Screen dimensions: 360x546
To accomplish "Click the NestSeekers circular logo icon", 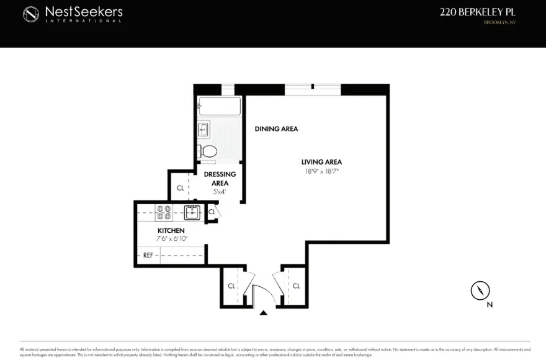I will tap(31, 14).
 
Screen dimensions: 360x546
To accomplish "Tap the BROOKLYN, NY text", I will tap(500, 23).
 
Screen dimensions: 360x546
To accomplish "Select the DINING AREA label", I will tap(276, 129).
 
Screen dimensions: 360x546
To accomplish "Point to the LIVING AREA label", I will tap(321, 162).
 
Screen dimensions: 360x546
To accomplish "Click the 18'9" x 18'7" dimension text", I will tap(321, 171).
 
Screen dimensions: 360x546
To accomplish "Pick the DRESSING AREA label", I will tap(220, 179).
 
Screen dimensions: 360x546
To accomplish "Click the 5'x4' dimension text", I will tap(220, 192).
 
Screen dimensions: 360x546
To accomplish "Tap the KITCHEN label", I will tap(171, 230).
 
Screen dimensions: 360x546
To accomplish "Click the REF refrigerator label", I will tap(148, 255).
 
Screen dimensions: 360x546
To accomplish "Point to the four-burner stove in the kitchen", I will tap(164, 213).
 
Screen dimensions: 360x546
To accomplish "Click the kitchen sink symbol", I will tap(192, 213).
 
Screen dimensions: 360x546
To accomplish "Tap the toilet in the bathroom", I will tap(207, 151).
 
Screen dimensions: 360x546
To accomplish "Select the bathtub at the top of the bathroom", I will tap(219, 106).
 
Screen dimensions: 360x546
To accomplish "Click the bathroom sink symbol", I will tap(204, 130).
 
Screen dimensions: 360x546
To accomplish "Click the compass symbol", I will tap(480, 290).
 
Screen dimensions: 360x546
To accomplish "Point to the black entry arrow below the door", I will tap(264, 313).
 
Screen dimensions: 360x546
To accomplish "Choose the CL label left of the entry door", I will tap(231, 286).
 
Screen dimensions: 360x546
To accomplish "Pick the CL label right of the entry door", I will tap(296, 286).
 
